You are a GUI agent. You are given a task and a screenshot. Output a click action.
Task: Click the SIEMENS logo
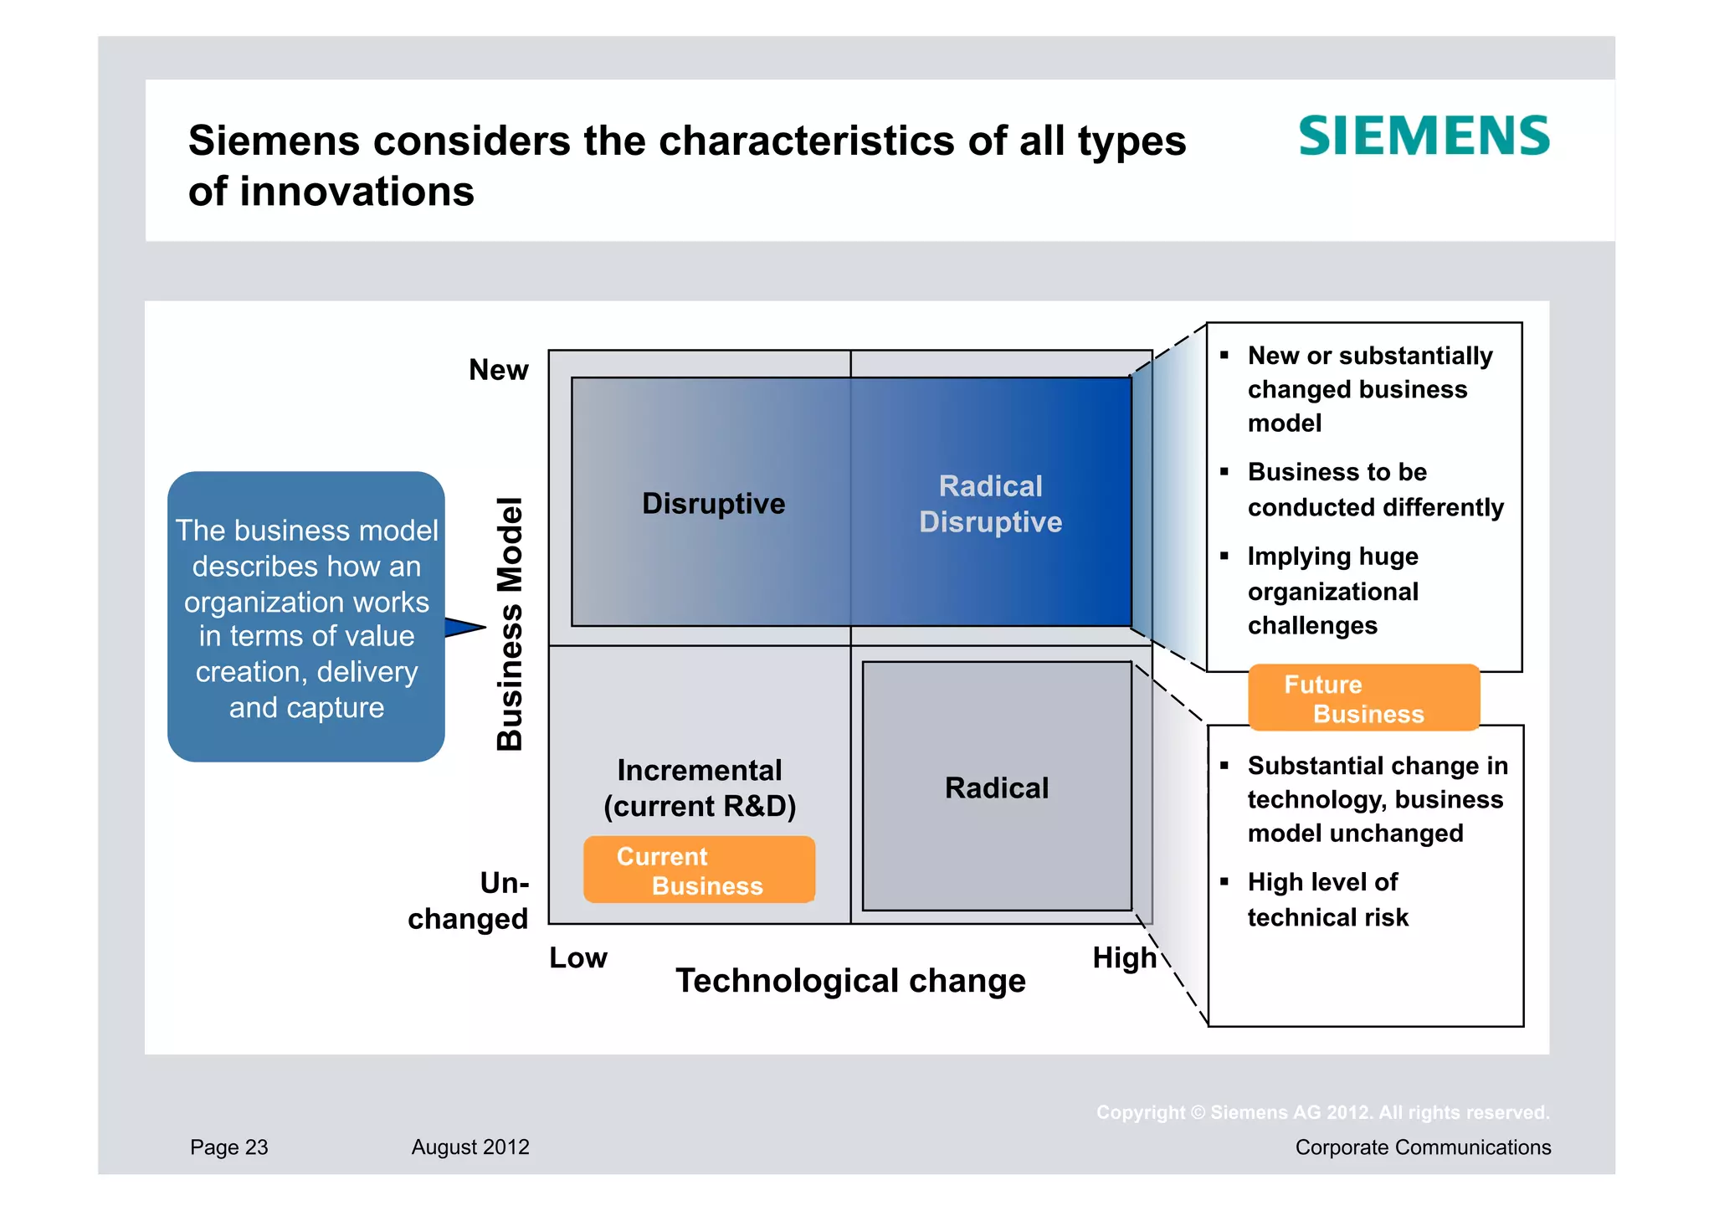pyautogui.click(x=1423, y=136)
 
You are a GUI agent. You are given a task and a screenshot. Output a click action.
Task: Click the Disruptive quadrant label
pyautogui.click(x=713, y=504)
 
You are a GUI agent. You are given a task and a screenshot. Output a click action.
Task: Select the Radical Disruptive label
pyautogui.click(x=990, y=504)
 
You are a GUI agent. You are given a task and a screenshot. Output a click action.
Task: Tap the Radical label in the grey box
pyautogui.click(x=996, y=788)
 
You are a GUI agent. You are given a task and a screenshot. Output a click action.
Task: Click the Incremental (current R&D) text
pyautogui.click(x=700, y=788)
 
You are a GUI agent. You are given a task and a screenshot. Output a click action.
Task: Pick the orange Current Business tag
pyautogui.click(x=699, y=870)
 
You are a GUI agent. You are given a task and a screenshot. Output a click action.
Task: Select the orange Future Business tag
pyautogui.click(x=1363, y=698)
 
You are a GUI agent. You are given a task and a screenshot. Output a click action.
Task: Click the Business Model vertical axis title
pyautogui.click(x=510, y=623)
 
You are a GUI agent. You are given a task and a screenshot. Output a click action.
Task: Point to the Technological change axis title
pyautogui.click(x=850, y=981)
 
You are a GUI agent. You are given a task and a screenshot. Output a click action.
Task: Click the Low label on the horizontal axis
pyautogui.click(x=577, y=957)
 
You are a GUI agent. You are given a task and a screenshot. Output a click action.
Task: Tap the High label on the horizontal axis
pyautogui.click(x=1123, y=957)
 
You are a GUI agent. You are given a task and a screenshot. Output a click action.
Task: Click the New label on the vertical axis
pyautogui.click(x=498, y=370)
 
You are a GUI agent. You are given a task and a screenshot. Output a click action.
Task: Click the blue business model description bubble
pyautogui.click(x=306, y=618)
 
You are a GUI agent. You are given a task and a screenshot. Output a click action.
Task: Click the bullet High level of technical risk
pyautogui.click(x=1327, y=900)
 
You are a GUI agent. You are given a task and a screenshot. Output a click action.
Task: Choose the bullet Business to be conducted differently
pyautogui.click(x=1374, y=490)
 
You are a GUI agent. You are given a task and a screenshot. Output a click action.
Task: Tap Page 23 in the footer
pyautogui.click(x=228, y=1147)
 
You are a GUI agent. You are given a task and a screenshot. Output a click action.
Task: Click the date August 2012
pyautogui.click(x=470, y=1147)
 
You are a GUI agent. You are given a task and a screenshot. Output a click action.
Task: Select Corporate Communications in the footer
pyautogui.click(x=1423, y=1147)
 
